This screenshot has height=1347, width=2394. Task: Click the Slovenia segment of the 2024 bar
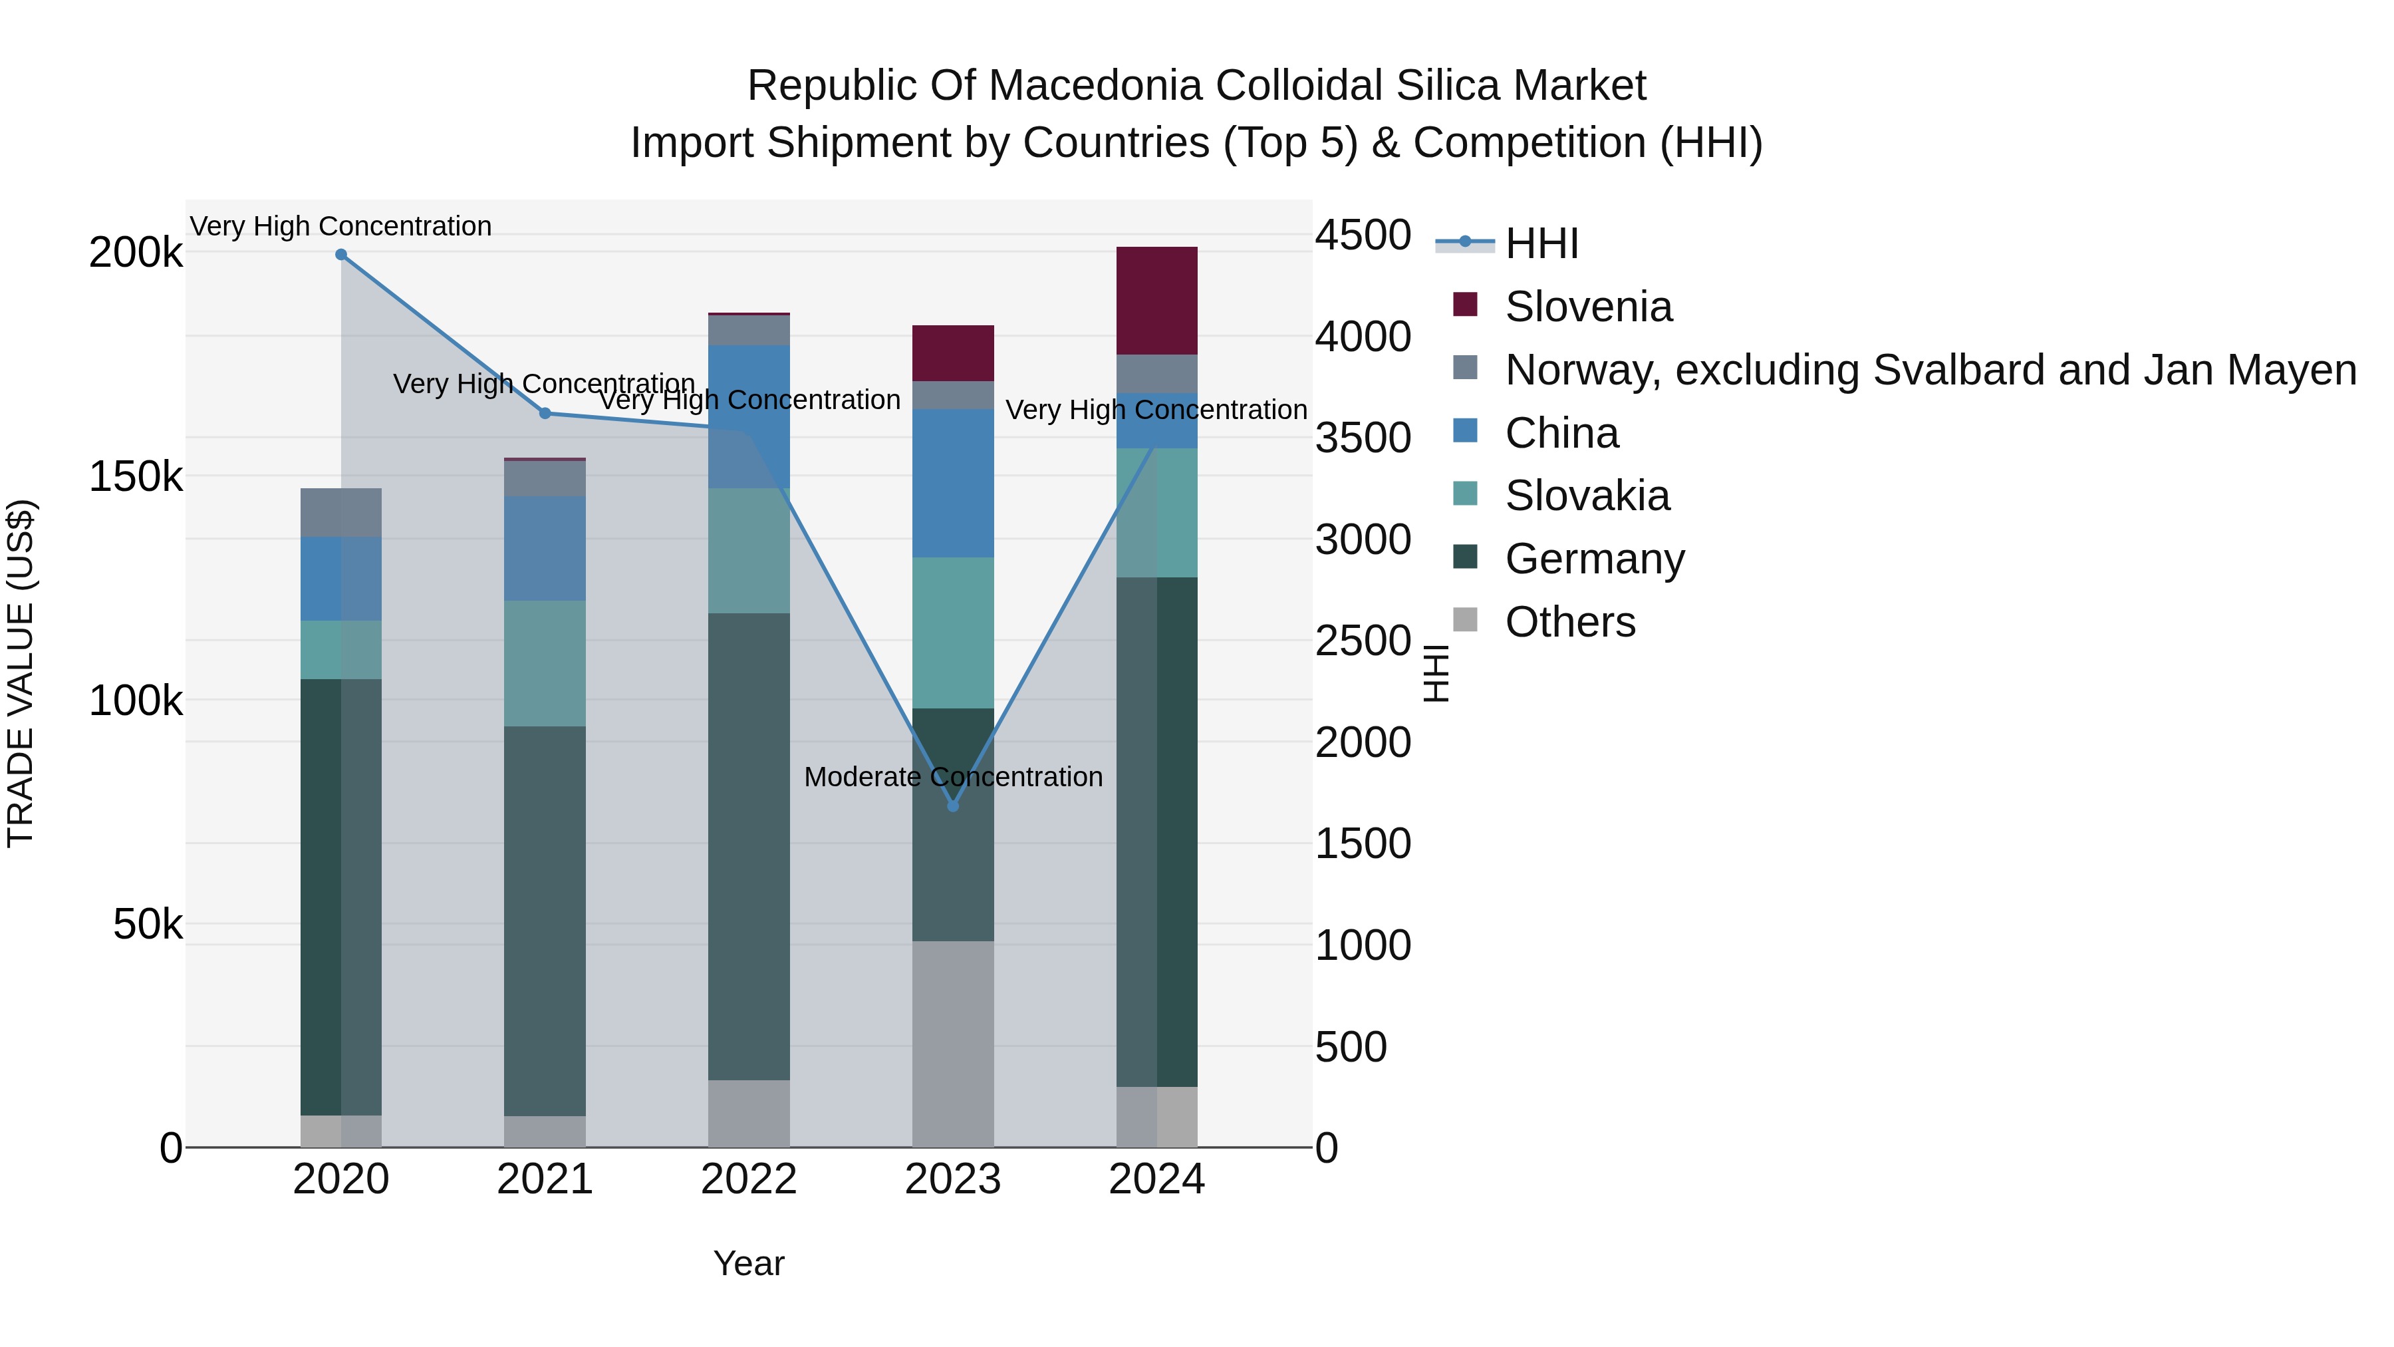click(x=1156, y=300)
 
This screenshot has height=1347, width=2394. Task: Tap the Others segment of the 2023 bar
click(x=952, y=1043)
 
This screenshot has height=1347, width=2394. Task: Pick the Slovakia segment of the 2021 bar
click(x=545, y=663)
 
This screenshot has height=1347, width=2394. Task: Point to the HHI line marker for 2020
click(x=341, y=255)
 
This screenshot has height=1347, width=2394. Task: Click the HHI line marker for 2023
click(x=952, y=806)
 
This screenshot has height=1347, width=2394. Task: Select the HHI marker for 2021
click(x=545, y=414)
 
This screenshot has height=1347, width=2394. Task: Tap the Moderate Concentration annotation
click(x=952, y=777)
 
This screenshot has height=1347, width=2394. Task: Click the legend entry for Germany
click(x=1594, y=559)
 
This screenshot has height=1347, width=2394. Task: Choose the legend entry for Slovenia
click(x=1587, y=307)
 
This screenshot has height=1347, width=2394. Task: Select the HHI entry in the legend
click(x=1541, y=243)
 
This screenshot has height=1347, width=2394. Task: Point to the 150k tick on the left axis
click(x=136, y=477)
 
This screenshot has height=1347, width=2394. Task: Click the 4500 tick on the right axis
click(x=1363, y=235)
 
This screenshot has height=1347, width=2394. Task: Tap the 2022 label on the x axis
click(x=748, y=1179)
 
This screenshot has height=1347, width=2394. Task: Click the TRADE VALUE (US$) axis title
click(x=21, y=673)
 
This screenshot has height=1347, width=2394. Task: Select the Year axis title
click(x=748, y=1263)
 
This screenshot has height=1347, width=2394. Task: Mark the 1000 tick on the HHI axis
click(x=1363, y=945)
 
